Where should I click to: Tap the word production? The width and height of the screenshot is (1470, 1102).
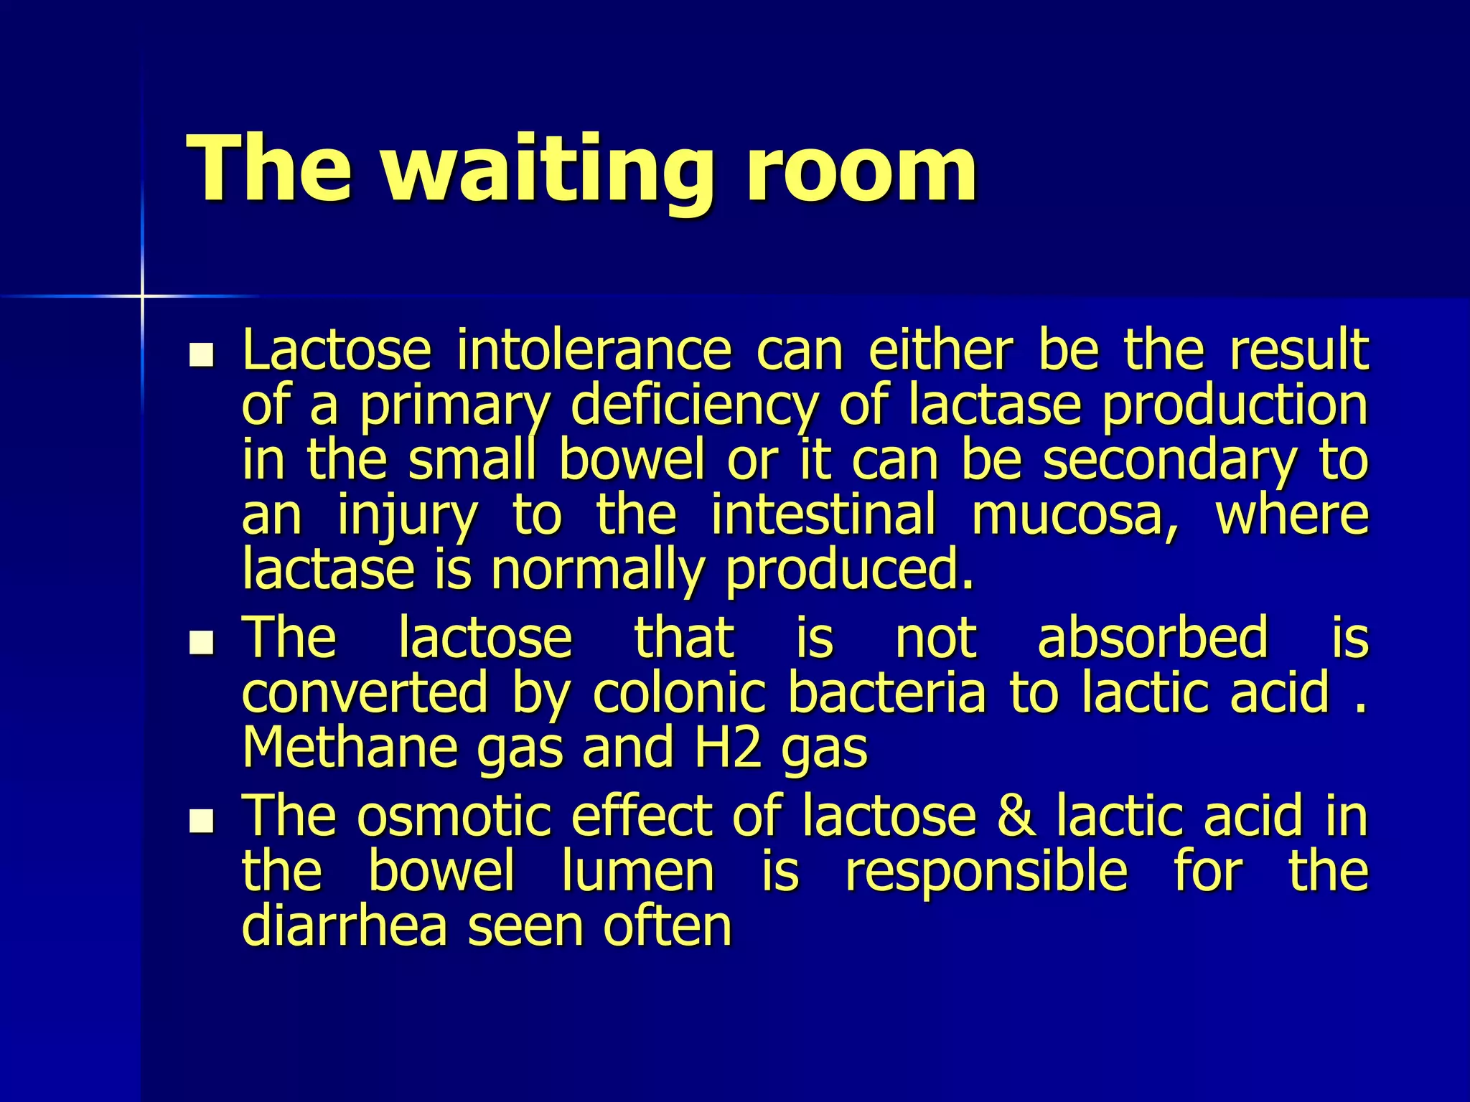click(x=1235, y=407)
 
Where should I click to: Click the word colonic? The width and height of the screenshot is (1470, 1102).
click(x=679, y=693)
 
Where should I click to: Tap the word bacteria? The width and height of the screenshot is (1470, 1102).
click(x=886, y=693)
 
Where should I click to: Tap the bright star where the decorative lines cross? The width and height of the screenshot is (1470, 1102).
click(x=142, y=296)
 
